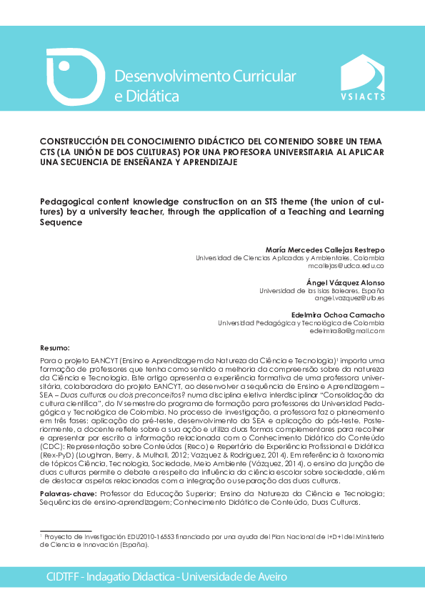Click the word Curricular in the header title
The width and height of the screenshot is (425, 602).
click(260, 76)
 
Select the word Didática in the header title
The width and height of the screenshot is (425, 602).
click(153, 96)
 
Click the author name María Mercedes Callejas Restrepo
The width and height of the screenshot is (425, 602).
click(324, 250)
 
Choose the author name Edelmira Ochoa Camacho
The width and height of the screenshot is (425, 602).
click(339, 315)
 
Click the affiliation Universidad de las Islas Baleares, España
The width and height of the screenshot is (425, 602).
click(321, 291)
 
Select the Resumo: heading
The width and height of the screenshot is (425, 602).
click(56, 347)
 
